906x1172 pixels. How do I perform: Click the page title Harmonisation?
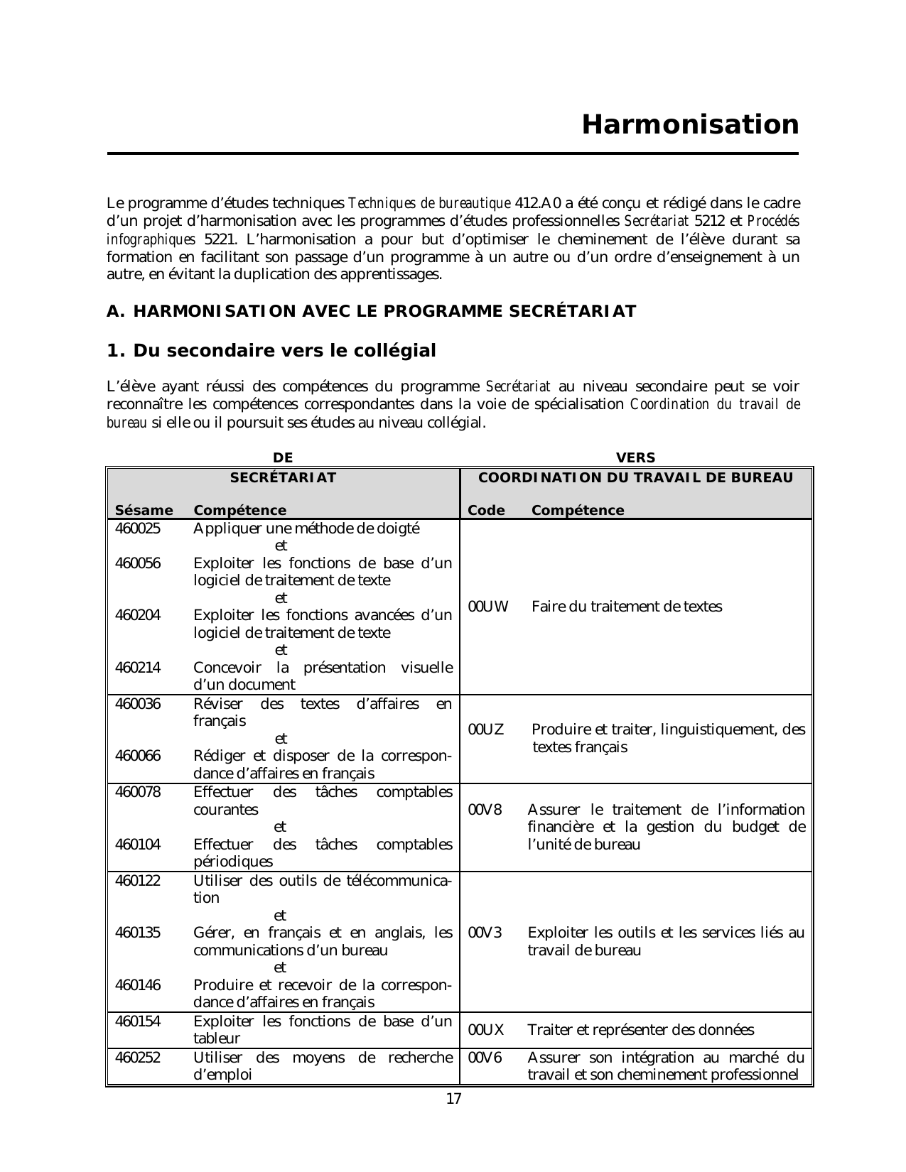(x=690, y=125)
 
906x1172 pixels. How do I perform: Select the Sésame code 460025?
(x=138, y=528)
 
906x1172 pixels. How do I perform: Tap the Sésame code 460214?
(x=138, y=668)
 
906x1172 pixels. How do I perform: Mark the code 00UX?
(x=487, y=1030)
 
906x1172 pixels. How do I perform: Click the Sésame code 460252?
(x=138, y=1058)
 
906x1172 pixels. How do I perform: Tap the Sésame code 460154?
(x=138, y=1021)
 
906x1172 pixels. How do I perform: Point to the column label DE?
(x=283, y=458)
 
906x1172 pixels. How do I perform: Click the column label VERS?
(x=635, y=458)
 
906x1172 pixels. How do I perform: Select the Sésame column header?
(x=144, y=510)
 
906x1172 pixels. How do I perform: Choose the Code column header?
(x=487, y=510)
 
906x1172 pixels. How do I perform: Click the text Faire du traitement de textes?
(x=627, y=607)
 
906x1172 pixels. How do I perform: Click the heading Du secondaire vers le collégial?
(x=271, y=351)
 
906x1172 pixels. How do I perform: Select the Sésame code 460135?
(x=138, y=933)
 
